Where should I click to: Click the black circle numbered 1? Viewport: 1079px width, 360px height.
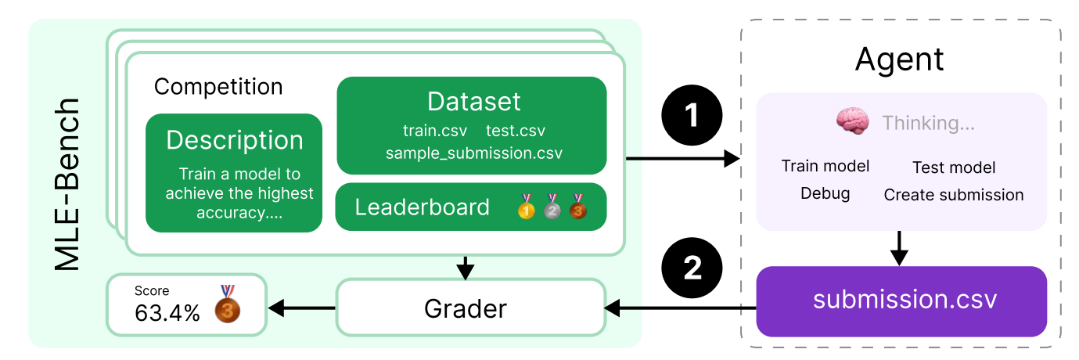pos(692,116)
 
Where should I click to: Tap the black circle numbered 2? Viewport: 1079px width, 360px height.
pos(692,268)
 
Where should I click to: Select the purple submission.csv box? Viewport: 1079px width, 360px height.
pos(901,301)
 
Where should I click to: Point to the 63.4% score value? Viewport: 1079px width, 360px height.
pos(167,313)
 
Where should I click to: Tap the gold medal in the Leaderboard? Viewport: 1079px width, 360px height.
pos(527,207)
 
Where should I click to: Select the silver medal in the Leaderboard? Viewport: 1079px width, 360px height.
pos(552,207)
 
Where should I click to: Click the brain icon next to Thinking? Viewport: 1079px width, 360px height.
pos(852,122)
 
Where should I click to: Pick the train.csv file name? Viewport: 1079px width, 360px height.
pos(435,130)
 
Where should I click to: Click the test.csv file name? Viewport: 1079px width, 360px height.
pos(516,130)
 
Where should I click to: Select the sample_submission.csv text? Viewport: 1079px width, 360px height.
pos(473,153)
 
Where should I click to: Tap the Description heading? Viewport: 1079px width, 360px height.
pos(234,140)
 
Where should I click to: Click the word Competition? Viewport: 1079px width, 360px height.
pos(218,86)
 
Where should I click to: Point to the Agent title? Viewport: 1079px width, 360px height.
pos(900,59)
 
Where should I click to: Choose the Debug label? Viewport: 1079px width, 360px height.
pos(825,193)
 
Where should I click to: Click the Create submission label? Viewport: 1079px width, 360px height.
pos(954,195)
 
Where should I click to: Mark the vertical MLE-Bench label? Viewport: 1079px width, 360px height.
pos(68,184)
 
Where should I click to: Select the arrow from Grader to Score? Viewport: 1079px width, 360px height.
pos(302,308)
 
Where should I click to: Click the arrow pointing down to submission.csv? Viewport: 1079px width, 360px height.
pos(901,248)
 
